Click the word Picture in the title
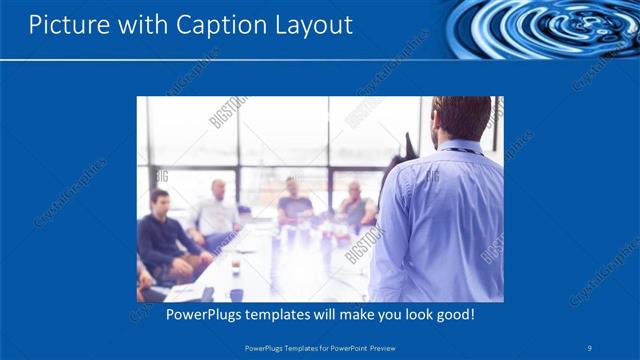pyautogui.click(x=61, y=25)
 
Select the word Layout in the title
pyautogui.click(x=315, y=25)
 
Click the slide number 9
pyautogui.click(x=590, y=348)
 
